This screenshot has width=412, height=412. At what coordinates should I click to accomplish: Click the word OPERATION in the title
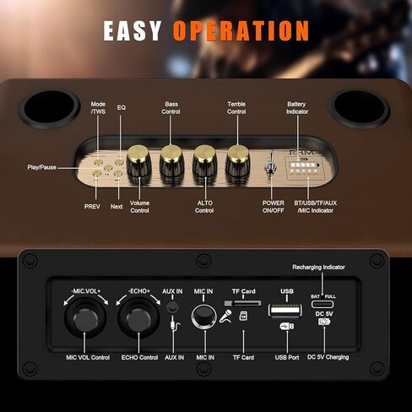pos(241,31)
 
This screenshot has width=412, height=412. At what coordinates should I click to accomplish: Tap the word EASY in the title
pos(133,31)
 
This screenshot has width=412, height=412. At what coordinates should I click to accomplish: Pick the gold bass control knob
pos(171,154)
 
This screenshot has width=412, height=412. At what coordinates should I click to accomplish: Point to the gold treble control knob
pos(237,154)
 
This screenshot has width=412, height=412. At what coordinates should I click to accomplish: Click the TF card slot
pos(243,302)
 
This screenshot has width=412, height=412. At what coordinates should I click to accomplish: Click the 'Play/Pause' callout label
pos(41,167)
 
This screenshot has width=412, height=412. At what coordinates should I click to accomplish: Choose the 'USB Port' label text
pos(286,357)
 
